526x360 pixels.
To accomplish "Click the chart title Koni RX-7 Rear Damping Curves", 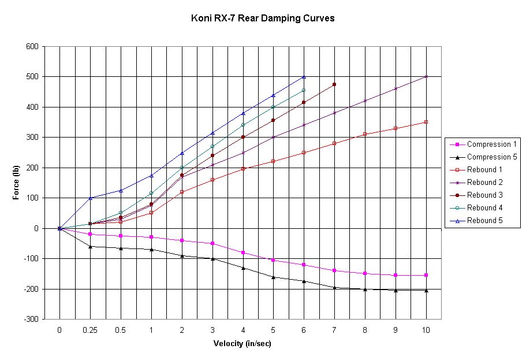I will pos(263,18).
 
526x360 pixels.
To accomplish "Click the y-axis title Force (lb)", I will pos(16,182).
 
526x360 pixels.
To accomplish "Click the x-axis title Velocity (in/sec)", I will pos(243,344).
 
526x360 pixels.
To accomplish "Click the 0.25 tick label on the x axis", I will pos(90,329).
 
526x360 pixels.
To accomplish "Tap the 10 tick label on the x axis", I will pos(426,329).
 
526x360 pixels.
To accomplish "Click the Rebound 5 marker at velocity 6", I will pos(304,77).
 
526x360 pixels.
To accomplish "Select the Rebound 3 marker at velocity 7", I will pos(334,84).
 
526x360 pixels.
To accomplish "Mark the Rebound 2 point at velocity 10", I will pos(426,76).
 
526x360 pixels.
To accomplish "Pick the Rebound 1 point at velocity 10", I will pos(426,122).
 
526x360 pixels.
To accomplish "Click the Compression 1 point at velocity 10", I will pos(426,275).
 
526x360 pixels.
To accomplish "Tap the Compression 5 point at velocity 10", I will pos(426,290).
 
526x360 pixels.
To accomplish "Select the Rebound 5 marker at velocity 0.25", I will pos(90,198).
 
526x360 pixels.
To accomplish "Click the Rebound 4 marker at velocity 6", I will pos(304,90).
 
